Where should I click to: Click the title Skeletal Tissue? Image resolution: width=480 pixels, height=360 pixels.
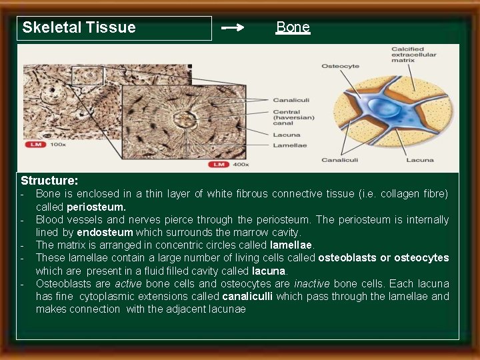(x=79, y=27)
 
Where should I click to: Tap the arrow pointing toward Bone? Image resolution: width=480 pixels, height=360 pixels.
(x=233, y=28)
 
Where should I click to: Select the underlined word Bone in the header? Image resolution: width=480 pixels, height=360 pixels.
(x=293, y=27)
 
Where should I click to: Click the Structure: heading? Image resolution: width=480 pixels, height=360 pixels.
(x=49, y=181)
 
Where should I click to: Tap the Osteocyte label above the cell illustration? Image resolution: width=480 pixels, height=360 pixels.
(x=340, y=66)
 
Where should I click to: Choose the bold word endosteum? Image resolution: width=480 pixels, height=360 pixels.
(x=105, y=233)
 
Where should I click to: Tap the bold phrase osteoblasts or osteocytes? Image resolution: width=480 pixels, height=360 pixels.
(x=383, y=258)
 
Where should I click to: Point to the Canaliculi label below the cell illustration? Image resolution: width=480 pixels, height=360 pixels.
(x=340, y=160)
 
